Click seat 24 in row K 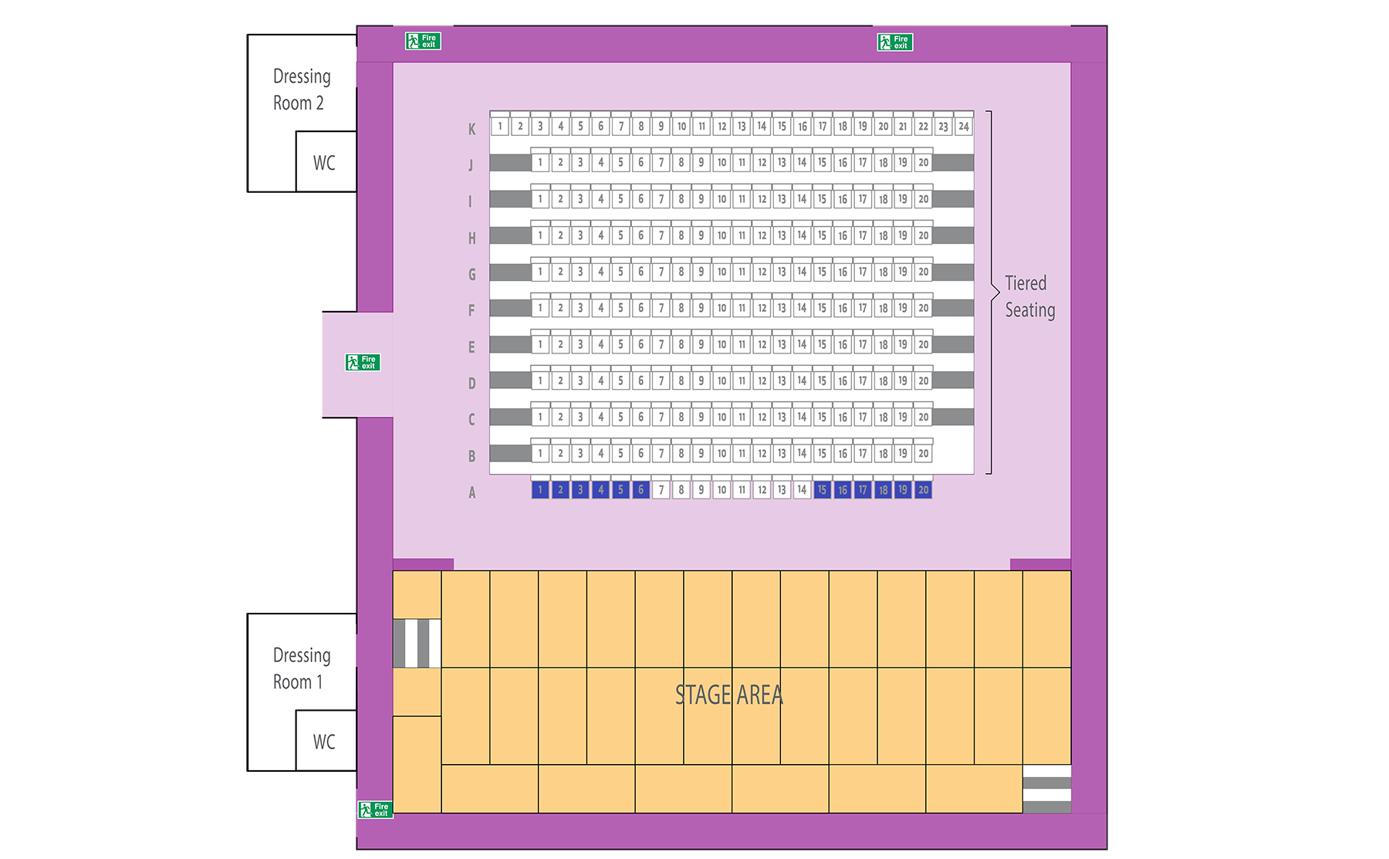(x=964, y=127)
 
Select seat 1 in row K (x=500, y=127)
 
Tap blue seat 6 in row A (x=640, y=490)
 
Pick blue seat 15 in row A (x=823, y=490)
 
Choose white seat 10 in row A (x=722, y=490)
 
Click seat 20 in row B (x=923, y=454)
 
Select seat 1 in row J (x=540, y=163)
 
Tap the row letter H (x=471, y=238)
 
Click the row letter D (x=471, y=384)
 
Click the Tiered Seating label (x=1029, y=296)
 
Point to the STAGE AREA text (x=728, y=695)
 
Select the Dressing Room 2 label (x=302, y=90)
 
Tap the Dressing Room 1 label (x=302, y=668)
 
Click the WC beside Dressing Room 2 (x=324, y=163)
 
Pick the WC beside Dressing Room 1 (x=324, y=742)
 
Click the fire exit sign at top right (x=895, y=42)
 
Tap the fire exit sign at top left (x=423, y=41)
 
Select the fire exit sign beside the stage (x=376, y=810)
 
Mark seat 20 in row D (x=923, y=381)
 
